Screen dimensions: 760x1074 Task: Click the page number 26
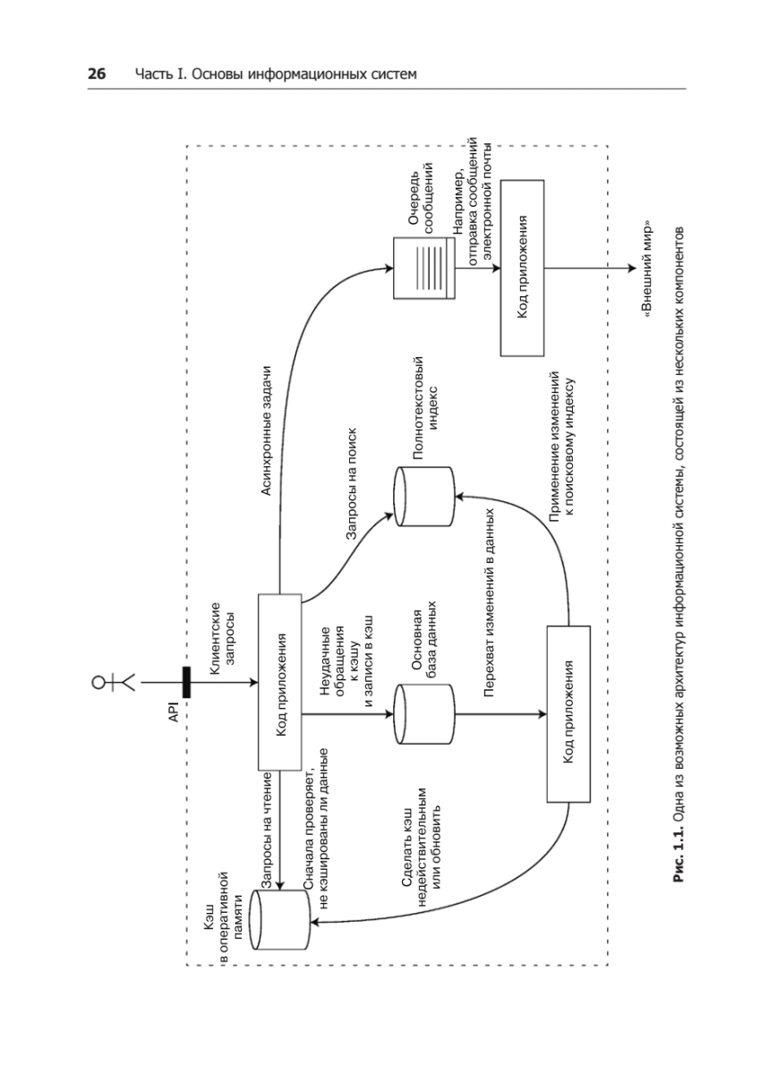[97, 73]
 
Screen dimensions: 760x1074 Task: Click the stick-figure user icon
[114, 682]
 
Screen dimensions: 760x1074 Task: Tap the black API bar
[186, 682]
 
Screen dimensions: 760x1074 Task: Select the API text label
[174, 712]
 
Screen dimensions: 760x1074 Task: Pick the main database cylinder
[424, 714]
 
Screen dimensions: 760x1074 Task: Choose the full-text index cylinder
[424, 497]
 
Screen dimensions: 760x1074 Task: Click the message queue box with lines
[424, 268]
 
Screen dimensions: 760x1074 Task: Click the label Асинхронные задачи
[266, 431]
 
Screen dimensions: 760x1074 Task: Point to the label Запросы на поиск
[353, 484]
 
